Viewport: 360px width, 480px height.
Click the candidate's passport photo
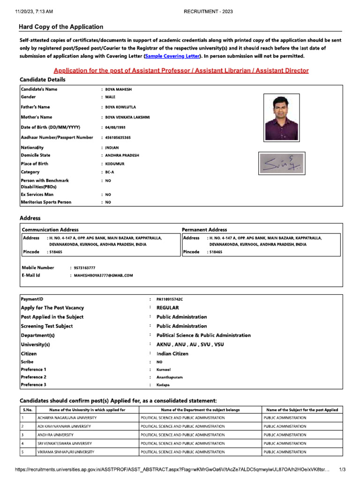281,117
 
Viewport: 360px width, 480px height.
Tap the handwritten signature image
281,164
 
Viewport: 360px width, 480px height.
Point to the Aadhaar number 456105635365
118,137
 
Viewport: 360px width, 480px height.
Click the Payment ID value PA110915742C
170,299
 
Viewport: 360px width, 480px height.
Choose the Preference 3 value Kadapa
164,384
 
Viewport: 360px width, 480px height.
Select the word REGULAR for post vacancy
168,308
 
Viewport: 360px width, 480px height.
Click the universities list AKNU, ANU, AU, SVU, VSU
190,345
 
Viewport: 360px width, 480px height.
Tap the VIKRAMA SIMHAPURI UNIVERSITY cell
66,451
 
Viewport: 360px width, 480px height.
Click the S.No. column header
27,410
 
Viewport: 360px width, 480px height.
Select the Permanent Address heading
204,230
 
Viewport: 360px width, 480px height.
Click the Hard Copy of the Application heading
61,27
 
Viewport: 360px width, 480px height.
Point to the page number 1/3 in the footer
342,469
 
